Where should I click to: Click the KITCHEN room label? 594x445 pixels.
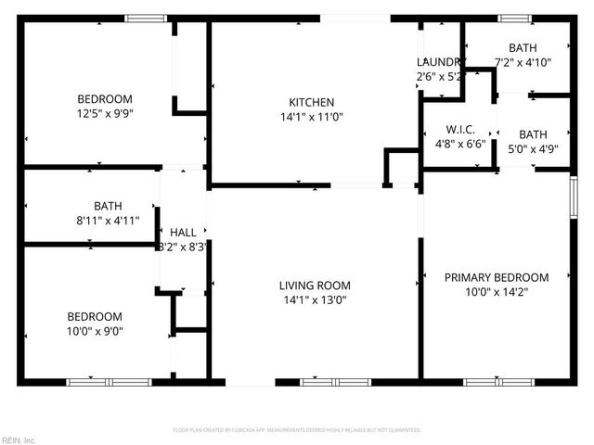(311, 102)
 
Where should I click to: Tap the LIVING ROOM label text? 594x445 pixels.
(315, 286)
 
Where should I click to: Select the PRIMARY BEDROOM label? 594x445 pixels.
(496, 277)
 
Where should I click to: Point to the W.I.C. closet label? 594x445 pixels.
(459, 130)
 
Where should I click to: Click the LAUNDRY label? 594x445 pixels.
(439, 62)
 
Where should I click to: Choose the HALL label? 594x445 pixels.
(182, 232)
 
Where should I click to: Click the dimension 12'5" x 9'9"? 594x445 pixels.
(104, 115)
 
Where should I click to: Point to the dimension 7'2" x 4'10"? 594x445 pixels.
(523, 63)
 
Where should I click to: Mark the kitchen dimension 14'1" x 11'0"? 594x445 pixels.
(311, 118)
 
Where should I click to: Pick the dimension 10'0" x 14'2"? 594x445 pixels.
(496, 292)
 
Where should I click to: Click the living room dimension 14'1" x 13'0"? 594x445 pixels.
(315, 300)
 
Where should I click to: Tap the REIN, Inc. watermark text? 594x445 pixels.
(19, 439)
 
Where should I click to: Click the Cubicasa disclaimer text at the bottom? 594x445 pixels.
(297, 430)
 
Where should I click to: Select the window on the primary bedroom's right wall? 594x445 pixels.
(573, 197)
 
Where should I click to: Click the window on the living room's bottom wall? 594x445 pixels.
(322, 382)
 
